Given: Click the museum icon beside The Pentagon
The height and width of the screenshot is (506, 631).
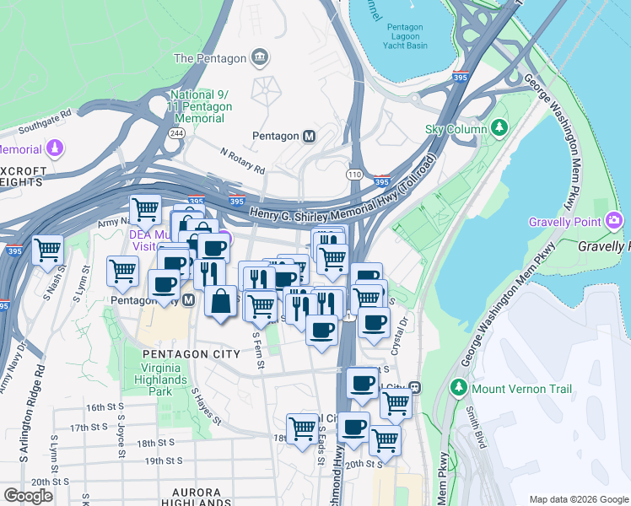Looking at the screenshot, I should coord(260,58).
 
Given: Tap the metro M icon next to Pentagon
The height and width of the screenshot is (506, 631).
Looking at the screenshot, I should coord(310,136).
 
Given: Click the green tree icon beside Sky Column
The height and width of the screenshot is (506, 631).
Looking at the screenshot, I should coord(500,128).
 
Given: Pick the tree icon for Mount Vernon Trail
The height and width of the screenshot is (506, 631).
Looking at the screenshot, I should coord(459,389).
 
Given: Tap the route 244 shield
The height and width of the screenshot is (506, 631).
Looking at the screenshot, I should coord(176,133).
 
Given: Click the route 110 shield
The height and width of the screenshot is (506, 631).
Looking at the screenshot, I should coord(353,173).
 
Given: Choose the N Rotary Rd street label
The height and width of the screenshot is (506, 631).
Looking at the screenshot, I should coord(242,159).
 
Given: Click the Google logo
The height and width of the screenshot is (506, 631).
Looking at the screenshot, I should coord(28,496).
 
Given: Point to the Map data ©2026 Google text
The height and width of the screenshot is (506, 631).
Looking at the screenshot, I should coord(578,498).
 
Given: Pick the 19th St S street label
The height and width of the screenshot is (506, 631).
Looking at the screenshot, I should coord(164,461).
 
